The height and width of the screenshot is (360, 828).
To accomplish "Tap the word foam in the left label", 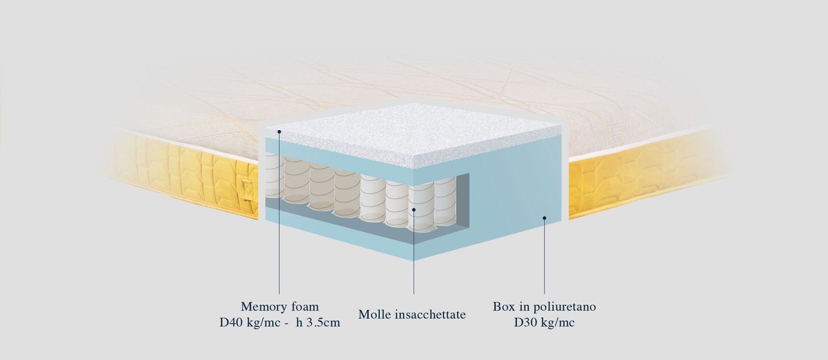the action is (x=305, y=306).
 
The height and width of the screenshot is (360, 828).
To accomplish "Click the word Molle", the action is (x=374, y=314).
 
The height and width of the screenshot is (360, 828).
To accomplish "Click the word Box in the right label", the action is (x=502, y=306).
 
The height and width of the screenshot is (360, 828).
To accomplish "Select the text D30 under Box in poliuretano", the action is (x=525, y=322).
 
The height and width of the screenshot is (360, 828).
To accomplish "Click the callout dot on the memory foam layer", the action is (x=279, y=131).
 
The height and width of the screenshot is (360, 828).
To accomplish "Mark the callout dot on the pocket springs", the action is (x=414, y=210).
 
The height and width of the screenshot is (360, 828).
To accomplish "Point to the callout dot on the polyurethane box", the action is (x=545, y=218).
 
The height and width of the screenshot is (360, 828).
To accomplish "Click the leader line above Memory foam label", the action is (x=279, y=212).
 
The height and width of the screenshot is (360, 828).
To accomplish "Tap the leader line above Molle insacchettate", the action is (x=414, y=252).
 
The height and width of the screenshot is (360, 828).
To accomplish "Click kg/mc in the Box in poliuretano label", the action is (x=558, y=322).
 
